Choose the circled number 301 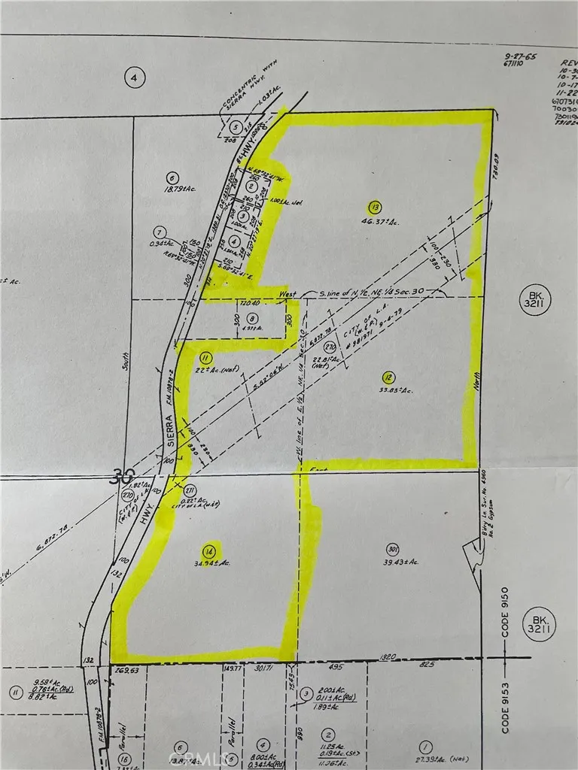(x=392, y=547)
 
